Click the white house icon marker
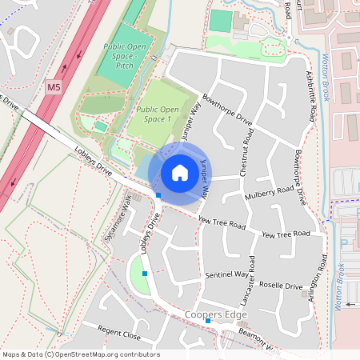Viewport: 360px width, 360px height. (x=180, y=173)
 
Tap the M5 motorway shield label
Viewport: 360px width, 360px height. (x=54, y=86)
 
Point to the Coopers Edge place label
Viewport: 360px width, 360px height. (x=214, y=314)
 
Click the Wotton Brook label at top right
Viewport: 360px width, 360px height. (x=326, y=80)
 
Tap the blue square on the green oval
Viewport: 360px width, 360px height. (x=145, y=274)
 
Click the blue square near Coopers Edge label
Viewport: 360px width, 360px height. (x=207, y=320)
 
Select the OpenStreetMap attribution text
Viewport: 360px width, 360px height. (x=80, y=354)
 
